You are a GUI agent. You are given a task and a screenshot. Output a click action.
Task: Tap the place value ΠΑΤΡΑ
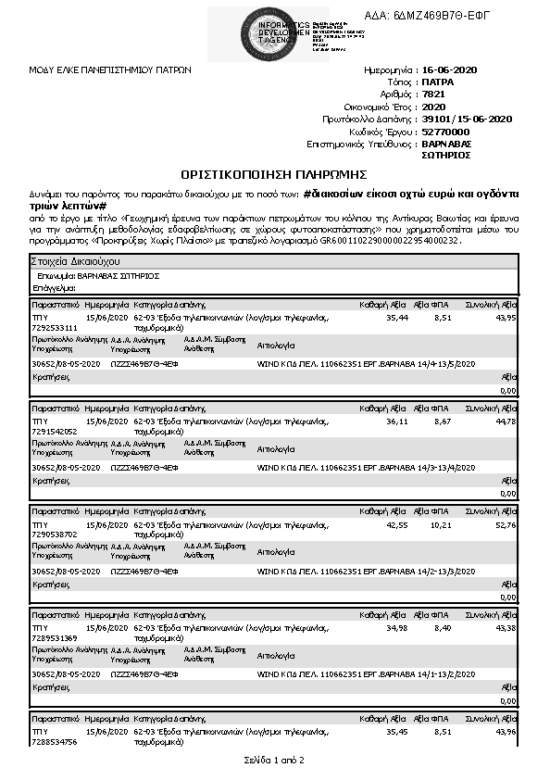(x=438, y=82)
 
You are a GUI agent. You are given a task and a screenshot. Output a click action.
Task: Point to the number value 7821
(x=432, y=94)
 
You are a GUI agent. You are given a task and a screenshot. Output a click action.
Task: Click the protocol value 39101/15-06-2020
(x=467, y=120)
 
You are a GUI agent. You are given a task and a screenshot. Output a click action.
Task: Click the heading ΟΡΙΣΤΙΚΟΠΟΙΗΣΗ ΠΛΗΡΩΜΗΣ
(x=275, y=174)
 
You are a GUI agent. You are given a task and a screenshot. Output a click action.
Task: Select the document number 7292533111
(x=56, y=327)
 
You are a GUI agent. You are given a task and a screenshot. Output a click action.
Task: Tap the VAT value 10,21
(x=440, y=524)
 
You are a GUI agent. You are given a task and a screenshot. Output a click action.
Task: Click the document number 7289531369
(x=56, y=637)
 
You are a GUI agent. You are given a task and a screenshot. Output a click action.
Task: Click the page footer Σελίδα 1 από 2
(x=274, y=761)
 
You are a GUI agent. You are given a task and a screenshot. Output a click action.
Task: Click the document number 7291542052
(x=56, y=431)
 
